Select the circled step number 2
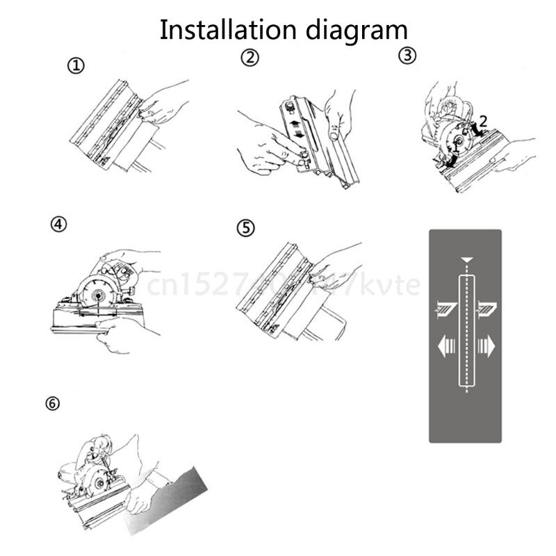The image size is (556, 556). pos(250,58)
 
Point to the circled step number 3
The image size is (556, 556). pos(407,56)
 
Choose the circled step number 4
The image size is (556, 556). pos(59,224)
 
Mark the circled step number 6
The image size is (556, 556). pos(54,404)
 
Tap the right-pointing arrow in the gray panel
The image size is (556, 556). pos(486,345)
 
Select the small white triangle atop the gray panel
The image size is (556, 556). pos(465,260)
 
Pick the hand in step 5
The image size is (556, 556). pos(334,268)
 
